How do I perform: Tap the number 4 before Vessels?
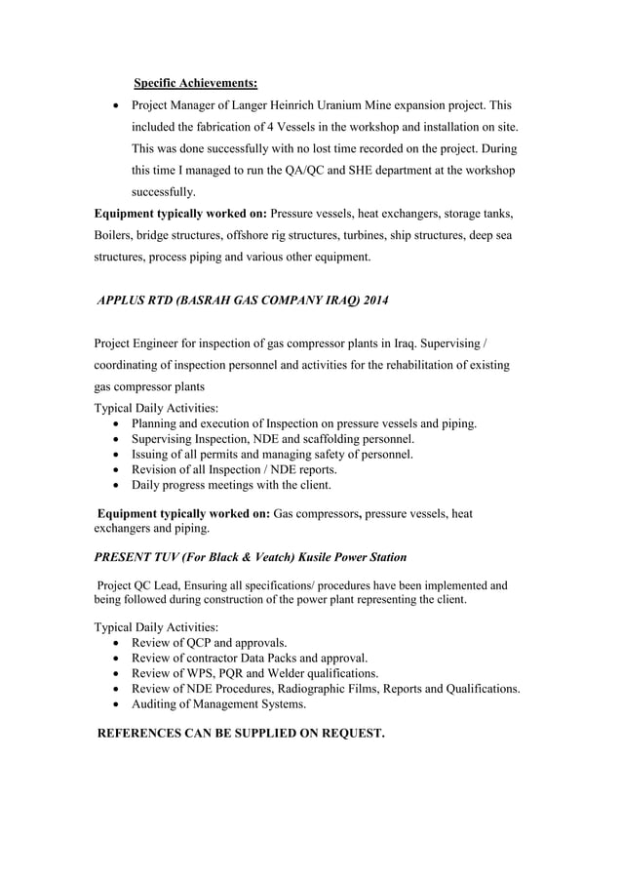coord(296,127)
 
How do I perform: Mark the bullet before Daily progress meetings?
coord(118,485)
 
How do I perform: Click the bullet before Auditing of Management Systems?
coord(118,704)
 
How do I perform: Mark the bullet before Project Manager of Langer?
coord(118,105)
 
